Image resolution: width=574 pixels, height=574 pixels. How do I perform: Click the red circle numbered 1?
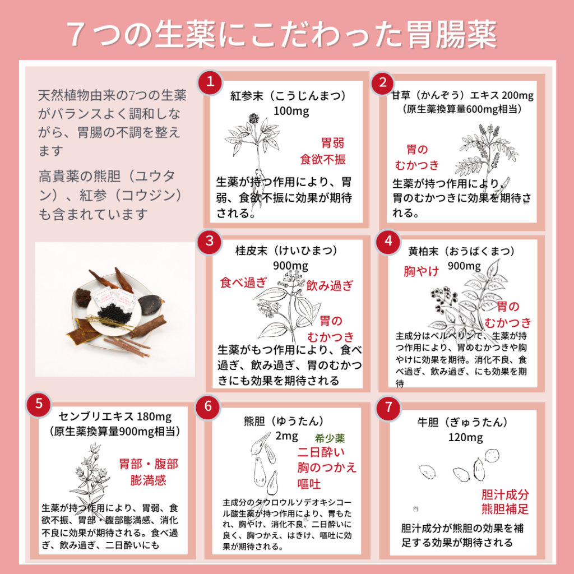210,82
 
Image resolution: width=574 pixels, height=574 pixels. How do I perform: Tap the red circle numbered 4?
388,242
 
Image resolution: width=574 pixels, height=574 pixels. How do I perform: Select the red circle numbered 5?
39,404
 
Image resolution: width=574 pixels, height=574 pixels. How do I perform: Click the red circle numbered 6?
208,407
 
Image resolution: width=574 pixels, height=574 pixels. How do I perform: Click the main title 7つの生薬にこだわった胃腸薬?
281,34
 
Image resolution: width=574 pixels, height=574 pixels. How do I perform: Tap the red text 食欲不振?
322,159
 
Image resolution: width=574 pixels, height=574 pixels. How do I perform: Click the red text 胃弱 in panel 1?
333,143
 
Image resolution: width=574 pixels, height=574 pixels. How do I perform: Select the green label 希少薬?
330,438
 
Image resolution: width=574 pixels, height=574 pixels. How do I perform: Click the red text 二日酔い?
321,452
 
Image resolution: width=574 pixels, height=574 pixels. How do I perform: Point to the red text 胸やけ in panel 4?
421,271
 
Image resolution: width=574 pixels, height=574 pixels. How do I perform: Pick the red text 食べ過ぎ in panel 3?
243,283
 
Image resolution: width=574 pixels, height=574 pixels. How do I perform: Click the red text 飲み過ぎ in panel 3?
330,285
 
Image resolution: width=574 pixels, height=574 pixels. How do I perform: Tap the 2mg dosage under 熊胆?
286,436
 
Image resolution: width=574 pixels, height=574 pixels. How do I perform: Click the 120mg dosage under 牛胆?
466,437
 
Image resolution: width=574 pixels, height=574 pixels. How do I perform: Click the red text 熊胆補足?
505,509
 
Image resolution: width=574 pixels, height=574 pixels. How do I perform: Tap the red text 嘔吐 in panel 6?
309,484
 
